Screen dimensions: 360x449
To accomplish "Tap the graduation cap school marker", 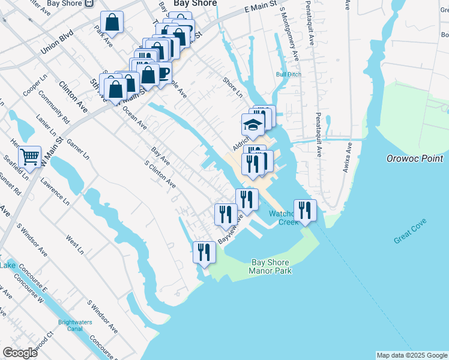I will (253, 125).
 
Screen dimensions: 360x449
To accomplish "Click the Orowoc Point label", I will (415, 158).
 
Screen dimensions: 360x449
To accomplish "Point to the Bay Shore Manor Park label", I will (270, 267).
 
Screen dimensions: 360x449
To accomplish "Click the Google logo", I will (20, 353).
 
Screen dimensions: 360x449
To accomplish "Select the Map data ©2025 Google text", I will (412, 355).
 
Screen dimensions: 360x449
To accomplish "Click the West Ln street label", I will (75, 244).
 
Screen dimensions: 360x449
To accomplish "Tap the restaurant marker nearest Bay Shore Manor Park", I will (204, 252).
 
